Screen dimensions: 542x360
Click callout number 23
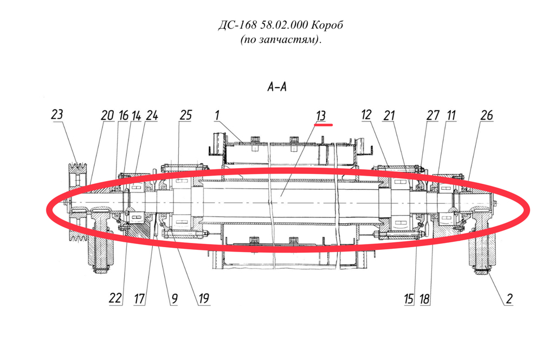coord(57,114)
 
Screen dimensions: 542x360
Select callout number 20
coord(107,115)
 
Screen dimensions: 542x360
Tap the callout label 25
coord(185,115)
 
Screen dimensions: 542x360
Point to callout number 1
coord(217,115)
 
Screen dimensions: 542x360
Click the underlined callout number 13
coord(321,115)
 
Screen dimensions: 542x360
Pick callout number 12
coord(366,115)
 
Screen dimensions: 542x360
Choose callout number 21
coord(389,115)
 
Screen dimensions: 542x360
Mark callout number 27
coord(433,115)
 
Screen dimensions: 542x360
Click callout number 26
coord(486,115)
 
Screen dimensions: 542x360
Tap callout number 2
coord(509,298)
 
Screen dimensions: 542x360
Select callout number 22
coord(115,298)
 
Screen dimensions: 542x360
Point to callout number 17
coord(139,298)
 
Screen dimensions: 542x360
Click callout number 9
coord(175,298)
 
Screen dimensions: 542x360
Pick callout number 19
coord(204,298)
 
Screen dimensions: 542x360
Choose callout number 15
coord(409,298)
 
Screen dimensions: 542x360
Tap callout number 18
coord(425,298)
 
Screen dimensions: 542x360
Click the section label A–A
coord(277,86)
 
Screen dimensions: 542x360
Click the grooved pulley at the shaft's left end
coord(77,202)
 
